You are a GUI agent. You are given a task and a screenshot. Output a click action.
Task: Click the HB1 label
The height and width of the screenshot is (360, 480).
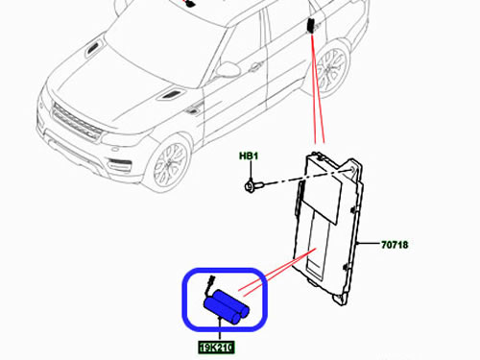tap(249, 156)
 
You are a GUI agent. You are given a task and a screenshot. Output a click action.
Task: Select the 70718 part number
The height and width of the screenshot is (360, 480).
tap(395, 245)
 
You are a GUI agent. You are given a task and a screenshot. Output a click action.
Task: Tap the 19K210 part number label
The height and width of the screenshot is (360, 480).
tap(216, 348)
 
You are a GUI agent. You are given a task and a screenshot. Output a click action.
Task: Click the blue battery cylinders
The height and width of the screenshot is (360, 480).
tap(227, 306)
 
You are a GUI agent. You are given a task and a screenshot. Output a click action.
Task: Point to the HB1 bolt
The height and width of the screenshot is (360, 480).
tap(253, 185)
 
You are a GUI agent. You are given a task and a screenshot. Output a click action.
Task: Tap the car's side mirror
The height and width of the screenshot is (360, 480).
tap(228, 69)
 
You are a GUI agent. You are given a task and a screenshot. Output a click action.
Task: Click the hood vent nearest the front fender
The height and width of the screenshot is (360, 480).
tap(170, 94)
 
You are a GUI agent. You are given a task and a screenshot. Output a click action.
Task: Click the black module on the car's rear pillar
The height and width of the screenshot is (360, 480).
tap(311, 26)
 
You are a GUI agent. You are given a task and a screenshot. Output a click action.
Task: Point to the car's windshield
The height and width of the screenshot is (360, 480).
tap(166, 40)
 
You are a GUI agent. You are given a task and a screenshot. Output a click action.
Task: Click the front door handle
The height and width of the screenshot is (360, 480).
tap(255, 67)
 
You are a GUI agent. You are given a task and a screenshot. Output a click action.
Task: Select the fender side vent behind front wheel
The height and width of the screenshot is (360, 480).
tap(194, 108)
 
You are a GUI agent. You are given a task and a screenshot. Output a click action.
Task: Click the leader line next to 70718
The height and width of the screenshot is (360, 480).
tap(369, 243)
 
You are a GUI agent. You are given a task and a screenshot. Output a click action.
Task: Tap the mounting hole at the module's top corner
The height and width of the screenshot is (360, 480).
tap(352, 170)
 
